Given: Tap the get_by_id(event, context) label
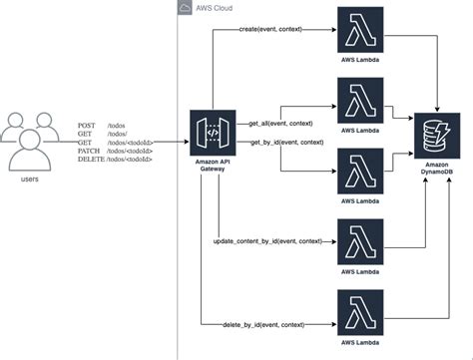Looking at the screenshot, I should [284, 142].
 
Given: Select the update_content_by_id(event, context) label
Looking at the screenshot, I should [266, 240].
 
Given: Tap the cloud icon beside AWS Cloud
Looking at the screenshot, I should [186, 9].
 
